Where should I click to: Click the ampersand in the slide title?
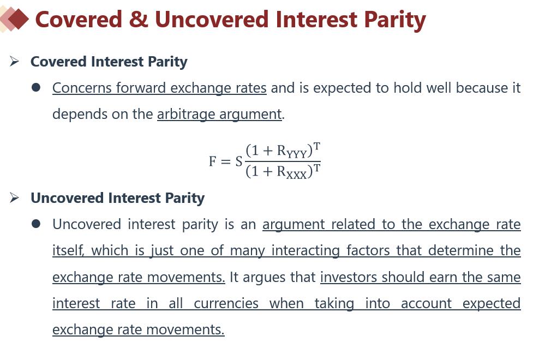pyautogui.click(x=139, y=20)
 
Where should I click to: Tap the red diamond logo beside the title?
pyautogui.click(x=17, y=19)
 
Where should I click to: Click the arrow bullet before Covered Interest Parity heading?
pyautogui.click(x=14, y=62)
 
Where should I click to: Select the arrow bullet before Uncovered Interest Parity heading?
pyautogui.click(x=14, y=197)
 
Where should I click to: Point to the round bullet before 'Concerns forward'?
pyautogui.click(x=36, y=88)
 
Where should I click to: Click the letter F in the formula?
pyautogui.click(x=213, y=161)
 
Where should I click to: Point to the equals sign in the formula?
pyautogui.click(x=225, y=161)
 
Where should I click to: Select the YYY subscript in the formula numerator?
pyautogui.click(x=296, y=154)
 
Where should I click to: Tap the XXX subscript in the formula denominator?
pyautogui.click(x=296, y=175)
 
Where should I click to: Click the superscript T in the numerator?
pyautogui.click(x=316, y=147)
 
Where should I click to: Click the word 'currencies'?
pyautogui.click(x=226, y=303)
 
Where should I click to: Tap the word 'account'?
pyautogui.click(x=426, y=303)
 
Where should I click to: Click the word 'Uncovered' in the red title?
pyautogui.click(x=211, y=20)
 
